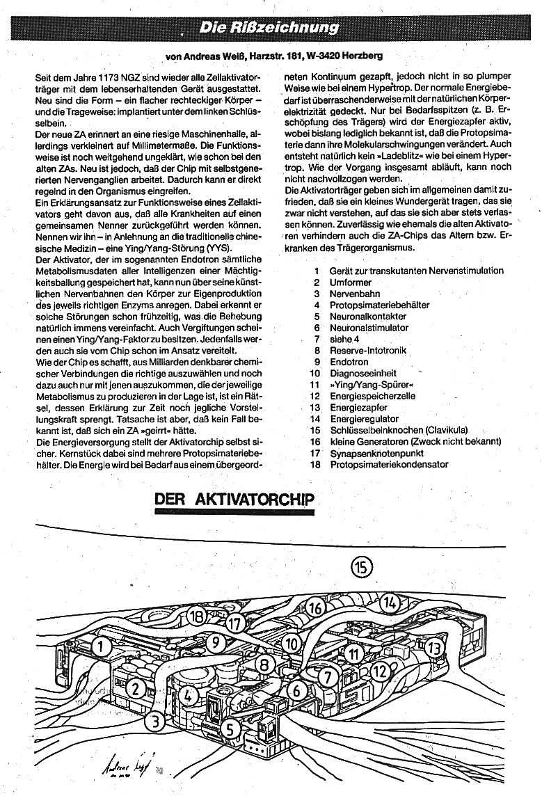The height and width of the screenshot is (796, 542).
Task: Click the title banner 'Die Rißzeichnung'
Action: tap(270, 28)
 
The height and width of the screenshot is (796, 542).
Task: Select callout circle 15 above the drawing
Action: tap(362, 567)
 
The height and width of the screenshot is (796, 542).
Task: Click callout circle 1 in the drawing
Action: tap(102, 647)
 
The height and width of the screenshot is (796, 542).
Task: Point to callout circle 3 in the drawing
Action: tap(157, 721)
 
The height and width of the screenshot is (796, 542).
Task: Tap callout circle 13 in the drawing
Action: tap(434, 648)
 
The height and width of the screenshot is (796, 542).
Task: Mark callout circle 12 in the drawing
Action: tap(380, 671)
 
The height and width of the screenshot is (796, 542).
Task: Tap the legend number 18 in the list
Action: tap(315, 465)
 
